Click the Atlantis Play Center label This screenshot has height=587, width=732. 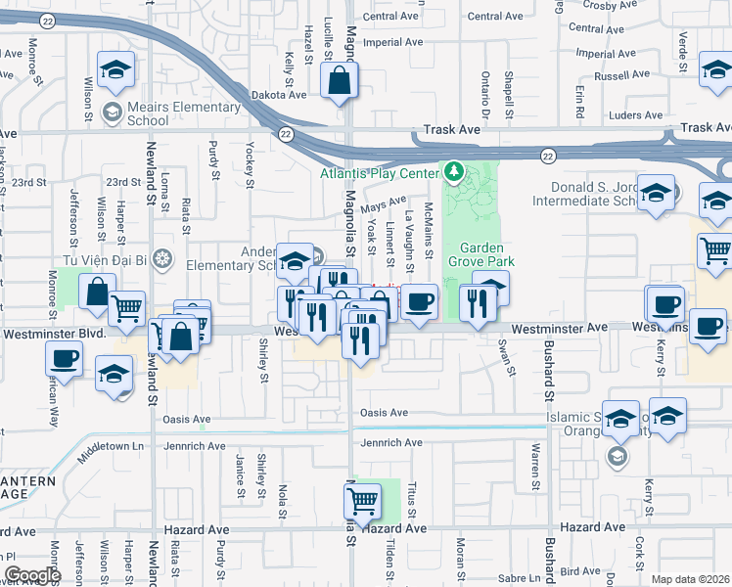point(381,173)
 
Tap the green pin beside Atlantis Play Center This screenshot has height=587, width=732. point(453,172)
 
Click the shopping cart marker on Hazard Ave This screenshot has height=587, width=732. point(362,503)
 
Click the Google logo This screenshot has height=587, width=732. point(32,574)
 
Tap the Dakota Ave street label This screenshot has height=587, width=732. point(283,95)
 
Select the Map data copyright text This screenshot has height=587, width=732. point(689,578)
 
